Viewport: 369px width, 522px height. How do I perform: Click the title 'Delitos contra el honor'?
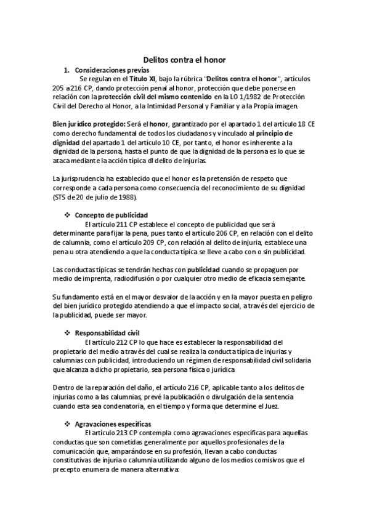point(184,60)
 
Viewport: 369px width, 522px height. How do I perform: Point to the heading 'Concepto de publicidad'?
point(111,215)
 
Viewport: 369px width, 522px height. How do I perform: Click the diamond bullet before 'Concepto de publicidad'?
point(67,215)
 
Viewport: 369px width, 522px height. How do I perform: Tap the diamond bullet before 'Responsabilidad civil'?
point(67,332)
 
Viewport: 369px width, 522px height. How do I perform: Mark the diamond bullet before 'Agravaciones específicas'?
point(67,425)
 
